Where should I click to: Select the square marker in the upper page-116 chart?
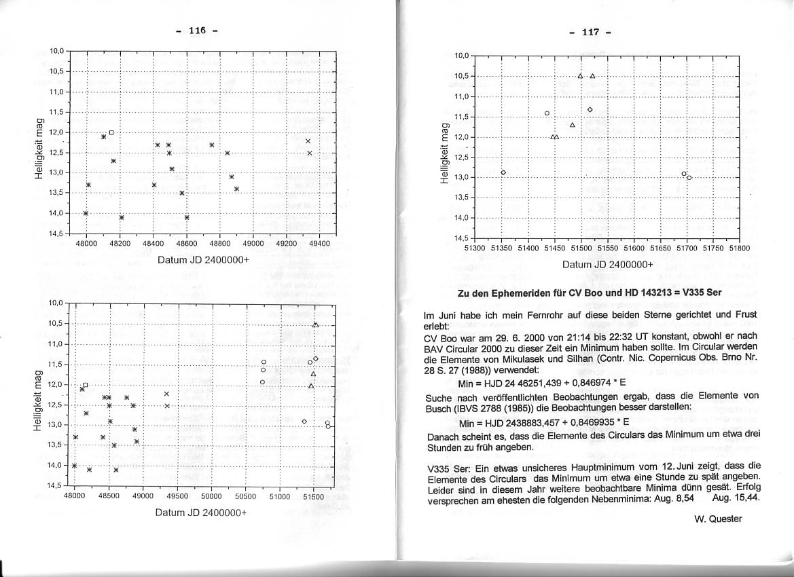[x=111, y=132]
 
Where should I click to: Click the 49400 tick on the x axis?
[x=319, y=243]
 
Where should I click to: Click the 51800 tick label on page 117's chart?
[x=739, y=248]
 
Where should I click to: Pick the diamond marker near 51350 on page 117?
[x=503, y=172]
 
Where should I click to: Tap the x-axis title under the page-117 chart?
[x=607, y=265]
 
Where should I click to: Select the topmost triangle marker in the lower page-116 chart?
[x=316, y=325]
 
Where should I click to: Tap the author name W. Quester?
[x=718, y=519]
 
